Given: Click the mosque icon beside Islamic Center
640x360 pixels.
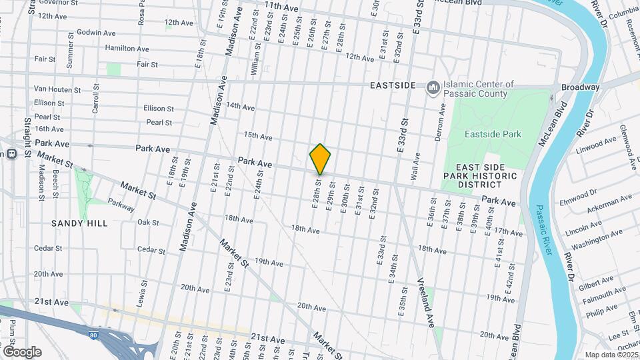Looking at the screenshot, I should click(433, 87).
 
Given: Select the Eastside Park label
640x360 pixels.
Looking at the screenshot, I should click(493, 134).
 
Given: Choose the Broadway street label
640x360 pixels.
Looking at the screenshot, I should click(580, 87).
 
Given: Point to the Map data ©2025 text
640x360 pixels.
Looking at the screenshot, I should click(611, 355).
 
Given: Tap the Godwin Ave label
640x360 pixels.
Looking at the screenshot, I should click(96, 33).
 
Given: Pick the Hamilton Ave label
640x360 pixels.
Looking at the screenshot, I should click(127, 49).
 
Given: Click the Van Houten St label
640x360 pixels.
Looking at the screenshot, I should click(57, 89).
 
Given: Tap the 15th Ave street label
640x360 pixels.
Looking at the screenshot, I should click(258, 137).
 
